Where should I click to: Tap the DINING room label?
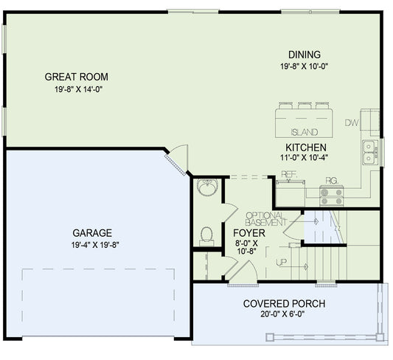point(304,55)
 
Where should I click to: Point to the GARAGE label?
point(92,231)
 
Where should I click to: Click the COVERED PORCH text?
point(284,304)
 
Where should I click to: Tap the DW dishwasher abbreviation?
point(352,123)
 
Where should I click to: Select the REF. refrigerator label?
point(289,174)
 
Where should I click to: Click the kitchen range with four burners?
point(331,195)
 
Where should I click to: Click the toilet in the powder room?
point(207,235)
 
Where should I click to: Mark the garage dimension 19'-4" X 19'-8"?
point(92,244)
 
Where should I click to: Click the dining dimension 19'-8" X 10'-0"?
point(304,66)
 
